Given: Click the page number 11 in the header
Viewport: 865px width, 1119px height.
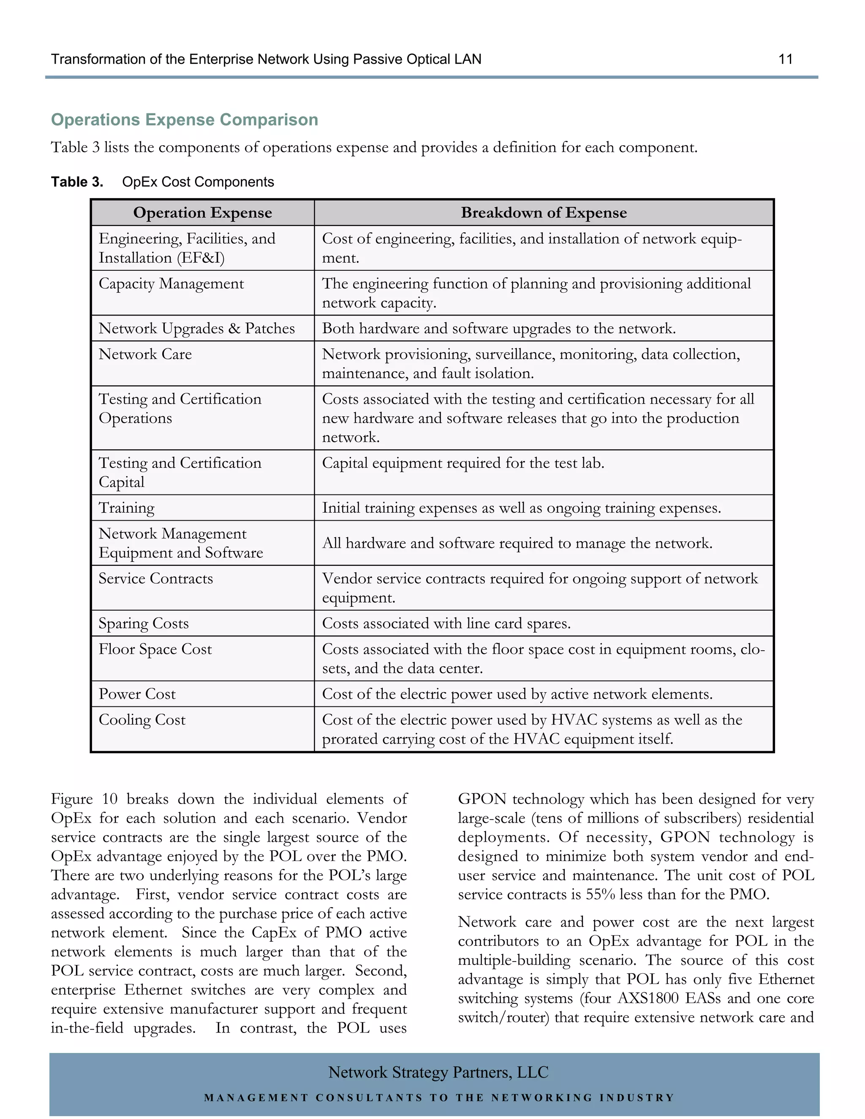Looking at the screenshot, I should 785,60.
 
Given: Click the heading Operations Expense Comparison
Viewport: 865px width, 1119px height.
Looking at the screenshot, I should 185,120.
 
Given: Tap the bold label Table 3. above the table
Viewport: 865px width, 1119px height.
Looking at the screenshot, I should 77,182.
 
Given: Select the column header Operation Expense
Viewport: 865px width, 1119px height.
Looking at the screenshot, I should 202,213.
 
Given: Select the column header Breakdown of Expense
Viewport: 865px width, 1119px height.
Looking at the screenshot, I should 544,213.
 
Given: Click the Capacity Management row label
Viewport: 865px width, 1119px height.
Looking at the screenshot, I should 171,284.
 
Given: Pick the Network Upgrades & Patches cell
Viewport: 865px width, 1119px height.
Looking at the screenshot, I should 196,329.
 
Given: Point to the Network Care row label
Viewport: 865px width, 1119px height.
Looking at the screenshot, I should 145,354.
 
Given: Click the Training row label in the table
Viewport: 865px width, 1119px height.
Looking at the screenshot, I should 127,508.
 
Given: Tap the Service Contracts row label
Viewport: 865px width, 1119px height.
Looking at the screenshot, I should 156,579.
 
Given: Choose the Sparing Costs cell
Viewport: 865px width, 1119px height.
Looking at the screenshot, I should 144,624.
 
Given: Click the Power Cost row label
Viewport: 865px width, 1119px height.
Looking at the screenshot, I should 137,694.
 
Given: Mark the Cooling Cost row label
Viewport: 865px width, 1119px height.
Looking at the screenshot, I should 142,720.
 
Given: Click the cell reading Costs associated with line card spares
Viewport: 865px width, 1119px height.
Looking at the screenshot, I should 446,624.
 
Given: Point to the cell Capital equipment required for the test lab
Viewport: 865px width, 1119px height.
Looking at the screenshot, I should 463,463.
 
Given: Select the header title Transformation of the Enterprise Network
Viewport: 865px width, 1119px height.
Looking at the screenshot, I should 266,60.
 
